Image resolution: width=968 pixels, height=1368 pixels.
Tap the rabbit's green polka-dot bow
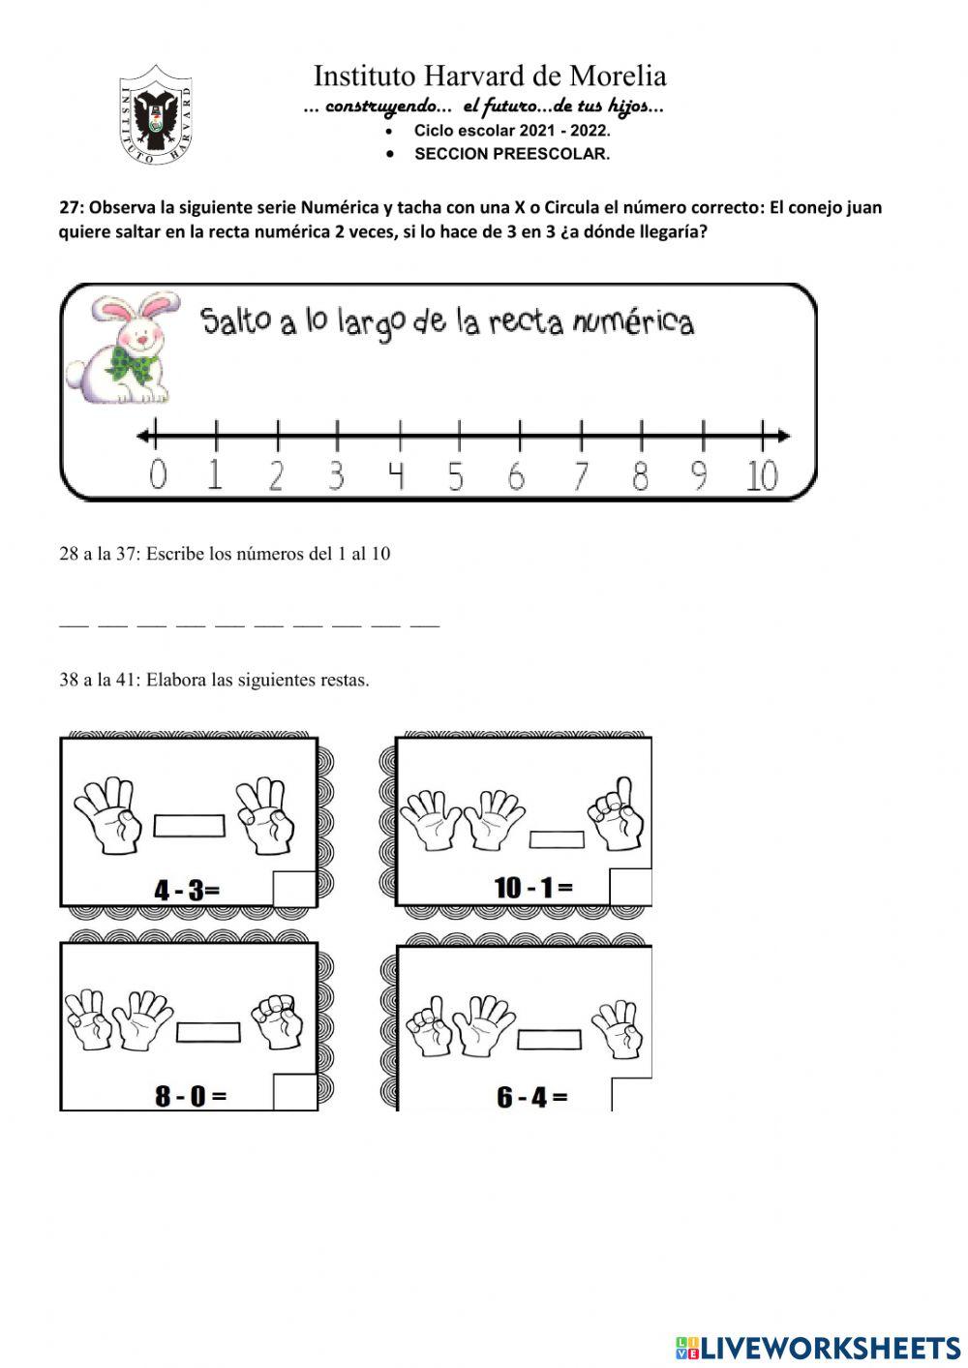pyautogui.click(x=133, y=362)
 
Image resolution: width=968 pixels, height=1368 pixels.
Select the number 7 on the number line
pyautogui.click(x=580, y=475)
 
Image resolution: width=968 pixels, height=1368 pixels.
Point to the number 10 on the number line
pyautogui.click(x=762, y=475)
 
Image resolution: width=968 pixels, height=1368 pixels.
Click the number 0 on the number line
pyautogui.click(x=158, y=475)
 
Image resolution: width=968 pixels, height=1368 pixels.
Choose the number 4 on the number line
pyautogui.click(x=396, y=475)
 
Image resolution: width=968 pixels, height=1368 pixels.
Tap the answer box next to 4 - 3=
pyautogui.click(x=294, y=889)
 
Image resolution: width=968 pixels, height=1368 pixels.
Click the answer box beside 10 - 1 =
pyautogui.click(x=630, y=887)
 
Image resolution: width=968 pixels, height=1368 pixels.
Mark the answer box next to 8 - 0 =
pyautogui.click(x=294, y=1092)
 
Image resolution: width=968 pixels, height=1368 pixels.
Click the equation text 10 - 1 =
pyautogui.click(x=533, y=887)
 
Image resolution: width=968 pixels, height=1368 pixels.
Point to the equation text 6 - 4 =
pyautogui.click(x=531, y=1097)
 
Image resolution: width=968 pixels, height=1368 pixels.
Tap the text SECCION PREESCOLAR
pyautogui.click(x=512, y=154)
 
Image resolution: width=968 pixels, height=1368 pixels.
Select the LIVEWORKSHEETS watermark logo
pyautogui.click(x=818, y=1347)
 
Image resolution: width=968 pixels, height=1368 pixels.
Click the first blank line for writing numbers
pyautogui.click(x=74, y=625)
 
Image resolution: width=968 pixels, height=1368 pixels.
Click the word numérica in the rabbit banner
pyautogui.click(x=633, y=321)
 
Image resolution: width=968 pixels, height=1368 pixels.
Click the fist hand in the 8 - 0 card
pyautogui.click(x=277, y=1021)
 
